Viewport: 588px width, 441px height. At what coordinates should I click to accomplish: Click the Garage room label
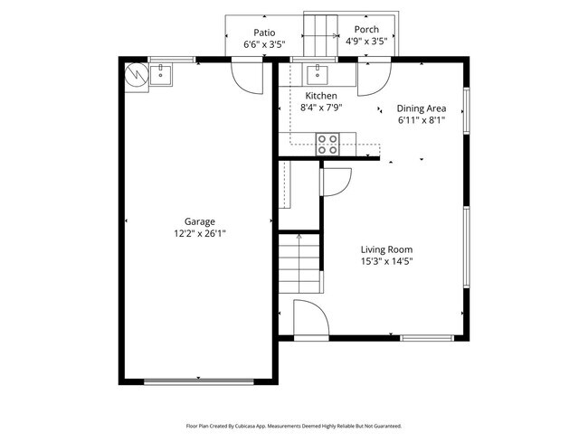click(x=200, y=221)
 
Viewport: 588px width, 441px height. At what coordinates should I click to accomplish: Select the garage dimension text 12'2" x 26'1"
click(x=200, y=233)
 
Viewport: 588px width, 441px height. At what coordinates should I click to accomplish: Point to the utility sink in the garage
click(x=161, y=76)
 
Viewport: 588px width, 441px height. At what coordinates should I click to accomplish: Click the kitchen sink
click(x=318, y=73)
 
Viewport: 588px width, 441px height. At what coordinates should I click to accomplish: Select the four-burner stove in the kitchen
click(x=327, y=143)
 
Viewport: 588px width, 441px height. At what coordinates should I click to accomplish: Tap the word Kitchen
click(x=320, y=96)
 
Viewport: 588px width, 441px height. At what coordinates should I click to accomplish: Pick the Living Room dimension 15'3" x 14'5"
click(x=387, y=262)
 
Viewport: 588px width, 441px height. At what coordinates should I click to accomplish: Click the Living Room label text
click(x=387, y=250)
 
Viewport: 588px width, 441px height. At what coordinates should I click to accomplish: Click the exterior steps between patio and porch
click(x=318, y=34)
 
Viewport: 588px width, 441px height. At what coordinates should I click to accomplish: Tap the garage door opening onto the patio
click(x=244, y=73)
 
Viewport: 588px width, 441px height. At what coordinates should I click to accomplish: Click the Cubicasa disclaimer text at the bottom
click(x=294, y=425)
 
